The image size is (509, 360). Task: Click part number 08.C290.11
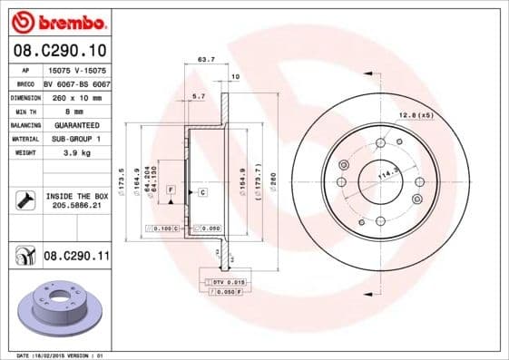click(76, 258)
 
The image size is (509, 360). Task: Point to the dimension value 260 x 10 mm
click(76, 97)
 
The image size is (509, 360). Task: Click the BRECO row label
click(24, 83)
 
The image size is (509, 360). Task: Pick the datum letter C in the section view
click(202, 193)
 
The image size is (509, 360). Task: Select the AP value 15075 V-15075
click(76, 69)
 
